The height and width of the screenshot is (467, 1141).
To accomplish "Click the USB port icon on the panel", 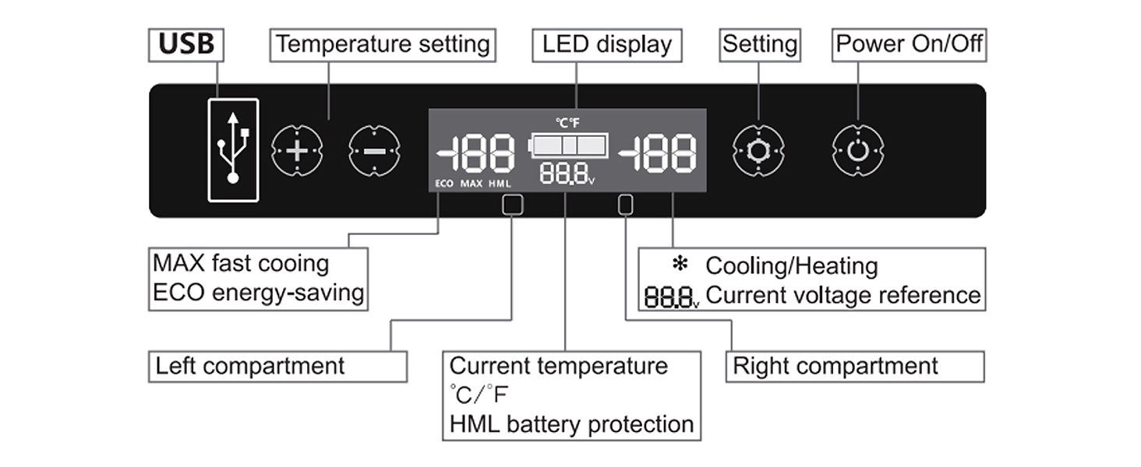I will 233,149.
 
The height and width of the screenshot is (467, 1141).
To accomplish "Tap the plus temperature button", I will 296,150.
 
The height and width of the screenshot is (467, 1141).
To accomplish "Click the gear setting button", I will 758,150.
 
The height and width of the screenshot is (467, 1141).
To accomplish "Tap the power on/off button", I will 857,150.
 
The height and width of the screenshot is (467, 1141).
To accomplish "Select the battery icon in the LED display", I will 569,145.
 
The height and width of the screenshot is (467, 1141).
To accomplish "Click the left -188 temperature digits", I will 476,153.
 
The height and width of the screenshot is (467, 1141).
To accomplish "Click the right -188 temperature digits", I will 658,153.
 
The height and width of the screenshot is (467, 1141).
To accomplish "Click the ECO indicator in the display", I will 444,184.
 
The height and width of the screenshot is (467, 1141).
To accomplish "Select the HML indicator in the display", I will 500,184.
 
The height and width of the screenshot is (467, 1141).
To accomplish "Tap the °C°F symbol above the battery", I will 567,122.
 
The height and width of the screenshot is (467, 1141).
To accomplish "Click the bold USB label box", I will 186,44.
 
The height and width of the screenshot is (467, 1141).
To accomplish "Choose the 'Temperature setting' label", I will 383,44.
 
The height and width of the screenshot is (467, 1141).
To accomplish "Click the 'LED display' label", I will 607,44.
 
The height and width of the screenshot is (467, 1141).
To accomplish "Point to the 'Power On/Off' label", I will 909,44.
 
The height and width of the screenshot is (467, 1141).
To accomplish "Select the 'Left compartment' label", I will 250,366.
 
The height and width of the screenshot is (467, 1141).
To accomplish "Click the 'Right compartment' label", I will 835,366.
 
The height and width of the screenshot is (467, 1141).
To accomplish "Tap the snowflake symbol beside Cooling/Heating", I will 680,265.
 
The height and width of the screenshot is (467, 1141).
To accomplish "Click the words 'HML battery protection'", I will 571,424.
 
